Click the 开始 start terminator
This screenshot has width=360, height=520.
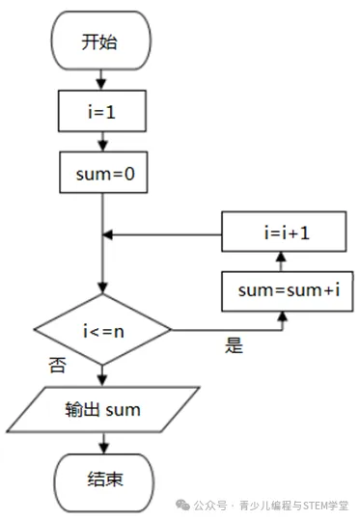coord(101,43)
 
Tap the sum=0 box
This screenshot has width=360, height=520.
coord(101,177)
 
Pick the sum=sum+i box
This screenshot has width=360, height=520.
coord(282,290)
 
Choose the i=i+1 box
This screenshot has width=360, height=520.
coord(282,233)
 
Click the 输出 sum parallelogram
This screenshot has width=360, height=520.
coord(102,410)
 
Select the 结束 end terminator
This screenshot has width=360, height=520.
coord(102,479)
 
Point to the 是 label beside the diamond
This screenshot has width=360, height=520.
coord(235,346)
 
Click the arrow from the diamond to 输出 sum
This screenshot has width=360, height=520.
coord(102,374)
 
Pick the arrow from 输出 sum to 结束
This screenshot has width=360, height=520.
coord(102,443)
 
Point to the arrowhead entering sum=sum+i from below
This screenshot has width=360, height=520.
coord(282,316)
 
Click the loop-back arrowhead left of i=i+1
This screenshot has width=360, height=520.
coord(109,233)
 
